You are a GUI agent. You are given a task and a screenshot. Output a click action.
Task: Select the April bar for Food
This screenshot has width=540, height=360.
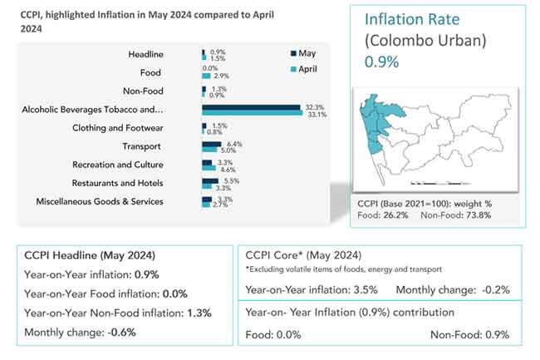click(206, 76)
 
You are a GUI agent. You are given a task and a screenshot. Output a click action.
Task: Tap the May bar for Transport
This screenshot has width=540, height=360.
click(211, 144)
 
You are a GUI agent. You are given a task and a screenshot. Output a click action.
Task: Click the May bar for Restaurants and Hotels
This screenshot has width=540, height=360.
click(209, 180)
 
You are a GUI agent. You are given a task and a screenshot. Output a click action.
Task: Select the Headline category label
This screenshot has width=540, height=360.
click(145, 54)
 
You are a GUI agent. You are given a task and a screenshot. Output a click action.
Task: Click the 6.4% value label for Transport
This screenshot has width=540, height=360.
click(233, 144)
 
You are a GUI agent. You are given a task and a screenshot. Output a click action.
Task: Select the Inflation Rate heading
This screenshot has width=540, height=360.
click(411, 19)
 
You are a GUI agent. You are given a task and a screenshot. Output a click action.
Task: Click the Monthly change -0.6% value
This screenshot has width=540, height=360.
click(120, 332)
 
